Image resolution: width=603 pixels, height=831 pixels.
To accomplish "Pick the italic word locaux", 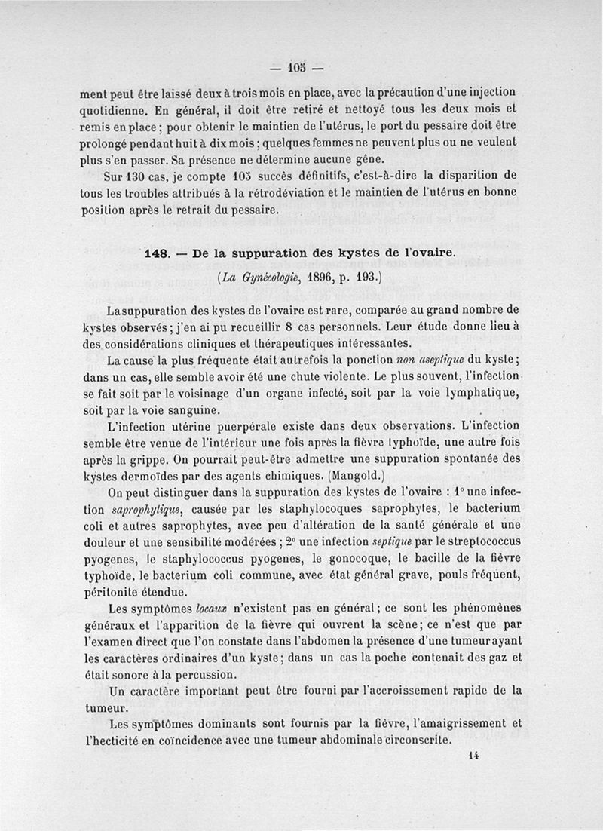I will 212,607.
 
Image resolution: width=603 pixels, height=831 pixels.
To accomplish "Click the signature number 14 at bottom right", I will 473,756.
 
